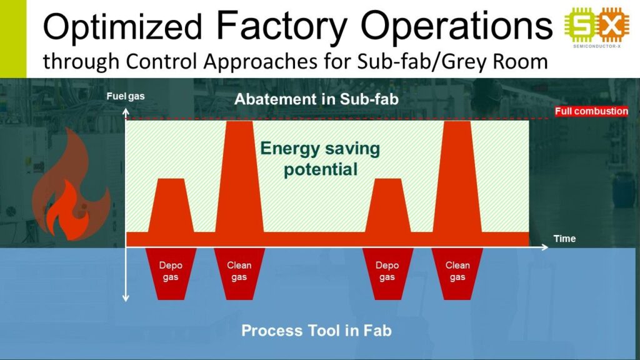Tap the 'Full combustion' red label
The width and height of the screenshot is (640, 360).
pyautogui.click(x=591, y=111)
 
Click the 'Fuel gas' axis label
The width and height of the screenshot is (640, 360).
pyautogui.click(x=125, y=96)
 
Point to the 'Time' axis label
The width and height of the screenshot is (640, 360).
pyautogui.click(x=564, y=239)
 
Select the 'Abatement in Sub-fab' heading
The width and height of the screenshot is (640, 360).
pyautogui.click(x=316, y=99)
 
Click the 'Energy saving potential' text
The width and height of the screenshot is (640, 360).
pyautogui.click(x=320, y=159)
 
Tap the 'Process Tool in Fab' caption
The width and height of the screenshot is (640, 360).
pyautogui.click(x=316, y=330)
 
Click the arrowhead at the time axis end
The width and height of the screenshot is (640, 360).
pyautogui.click(x=545, y=247)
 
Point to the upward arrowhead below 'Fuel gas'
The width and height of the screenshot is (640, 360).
pyautogui.click(x=126, y=111)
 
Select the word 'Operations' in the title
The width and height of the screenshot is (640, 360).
pyautogui.click(x=456, y=26)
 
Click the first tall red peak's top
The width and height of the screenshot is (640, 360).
pyautogui.click(x=239, y=121)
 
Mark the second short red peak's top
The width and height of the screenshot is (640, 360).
pyautogui.click(x=387, y=179)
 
